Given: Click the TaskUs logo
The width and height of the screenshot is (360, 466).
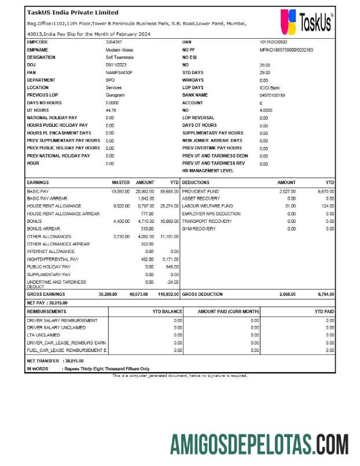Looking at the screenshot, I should (306, 22).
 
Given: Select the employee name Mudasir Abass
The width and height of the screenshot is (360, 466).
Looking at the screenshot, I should (119, 50).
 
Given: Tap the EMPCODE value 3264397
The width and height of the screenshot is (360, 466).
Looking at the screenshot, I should (113, 42).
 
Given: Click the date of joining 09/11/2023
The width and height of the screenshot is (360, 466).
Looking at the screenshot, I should (117, 65).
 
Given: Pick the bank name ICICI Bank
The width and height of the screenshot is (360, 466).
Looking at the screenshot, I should (270, 87).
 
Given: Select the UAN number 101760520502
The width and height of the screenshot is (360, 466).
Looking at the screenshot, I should (273, 42).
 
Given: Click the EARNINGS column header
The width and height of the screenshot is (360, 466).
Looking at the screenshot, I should (38, 182).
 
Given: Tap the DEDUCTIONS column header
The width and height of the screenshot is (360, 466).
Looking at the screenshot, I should (196, 182).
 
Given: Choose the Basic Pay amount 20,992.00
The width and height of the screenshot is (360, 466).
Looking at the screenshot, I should (145, 191).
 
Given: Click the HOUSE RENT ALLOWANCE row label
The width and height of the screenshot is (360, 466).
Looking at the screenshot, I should (54, 206).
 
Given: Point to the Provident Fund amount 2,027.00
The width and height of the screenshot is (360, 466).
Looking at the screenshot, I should (287, 191).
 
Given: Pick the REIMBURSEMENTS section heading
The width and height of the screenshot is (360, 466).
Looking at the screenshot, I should (46, 311).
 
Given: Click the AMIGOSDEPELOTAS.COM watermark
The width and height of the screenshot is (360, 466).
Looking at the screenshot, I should (259, 445).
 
